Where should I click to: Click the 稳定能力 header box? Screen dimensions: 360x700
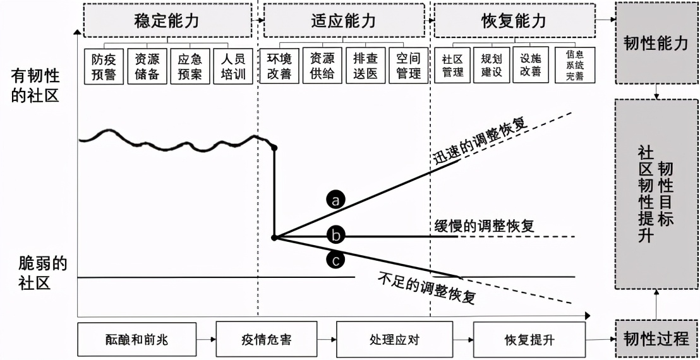(167, 21)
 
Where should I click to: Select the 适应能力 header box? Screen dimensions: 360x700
(344, 21)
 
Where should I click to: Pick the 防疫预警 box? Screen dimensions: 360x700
(103, 66)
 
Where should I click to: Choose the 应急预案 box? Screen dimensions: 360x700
(190, 66)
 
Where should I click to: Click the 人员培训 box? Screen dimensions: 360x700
(232, 66)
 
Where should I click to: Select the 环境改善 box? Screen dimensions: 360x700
(279, 66)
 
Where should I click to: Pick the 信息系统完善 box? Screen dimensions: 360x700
(574, 66)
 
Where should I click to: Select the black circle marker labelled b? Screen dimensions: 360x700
(336, 236)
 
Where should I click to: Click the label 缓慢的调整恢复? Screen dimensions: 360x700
(485, 225)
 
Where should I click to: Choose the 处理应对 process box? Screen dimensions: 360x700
(394, 340)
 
